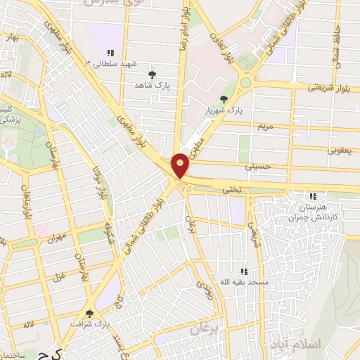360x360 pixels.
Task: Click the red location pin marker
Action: pos(181,165)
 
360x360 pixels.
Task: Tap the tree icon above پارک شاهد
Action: pos(152,74)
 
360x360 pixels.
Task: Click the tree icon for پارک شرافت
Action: pos(89,314)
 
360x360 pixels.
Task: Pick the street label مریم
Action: pos(264,127)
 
